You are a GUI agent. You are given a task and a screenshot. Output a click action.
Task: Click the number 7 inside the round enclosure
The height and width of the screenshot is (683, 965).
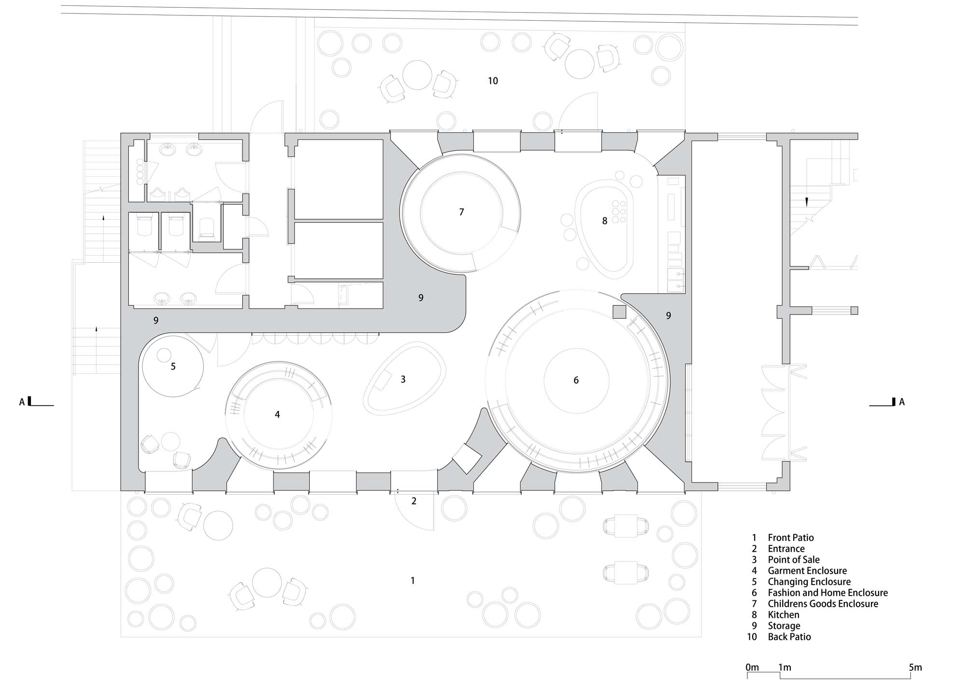click(461, 212)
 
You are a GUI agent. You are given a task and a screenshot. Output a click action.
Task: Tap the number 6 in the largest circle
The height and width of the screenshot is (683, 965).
click(576, 381)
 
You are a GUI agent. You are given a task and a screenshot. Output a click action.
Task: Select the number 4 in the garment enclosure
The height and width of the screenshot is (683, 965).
click(277, 414)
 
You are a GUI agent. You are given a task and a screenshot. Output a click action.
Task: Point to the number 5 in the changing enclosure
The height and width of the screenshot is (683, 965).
click(173, 367)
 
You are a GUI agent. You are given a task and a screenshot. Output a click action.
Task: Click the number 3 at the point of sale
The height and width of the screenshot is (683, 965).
click(403, 380)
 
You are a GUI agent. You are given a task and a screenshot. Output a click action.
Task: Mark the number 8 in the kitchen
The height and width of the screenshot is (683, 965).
click(605, 221)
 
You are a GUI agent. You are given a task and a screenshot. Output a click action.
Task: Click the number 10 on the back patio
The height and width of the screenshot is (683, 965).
click(493, 81)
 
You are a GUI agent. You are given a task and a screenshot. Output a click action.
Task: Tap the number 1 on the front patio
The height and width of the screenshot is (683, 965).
click(413, 581)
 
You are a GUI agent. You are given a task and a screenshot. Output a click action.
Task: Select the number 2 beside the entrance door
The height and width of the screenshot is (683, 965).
click(414, 501)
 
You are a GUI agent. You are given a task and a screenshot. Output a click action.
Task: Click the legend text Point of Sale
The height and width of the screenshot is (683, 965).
click(794, 560)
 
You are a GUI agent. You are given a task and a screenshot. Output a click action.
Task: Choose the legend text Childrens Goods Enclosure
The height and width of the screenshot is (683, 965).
click(823, 604)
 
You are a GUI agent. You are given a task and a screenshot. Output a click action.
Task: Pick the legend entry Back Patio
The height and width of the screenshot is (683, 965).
click(789, 637)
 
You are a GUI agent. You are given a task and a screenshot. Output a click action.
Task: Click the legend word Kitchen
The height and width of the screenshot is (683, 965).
click(784, 615)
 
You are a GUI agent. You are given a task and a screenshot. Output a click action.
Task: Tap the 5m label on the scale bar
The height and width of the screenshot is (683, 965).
click(915, 668)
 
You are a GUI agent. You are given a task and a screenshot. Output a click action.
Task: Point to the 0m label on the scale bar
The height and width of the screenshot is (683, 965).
click(752, 668)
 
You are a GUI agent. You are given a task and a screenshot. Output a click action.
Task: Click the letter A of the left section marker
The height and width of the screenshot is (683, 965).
click(22, 402)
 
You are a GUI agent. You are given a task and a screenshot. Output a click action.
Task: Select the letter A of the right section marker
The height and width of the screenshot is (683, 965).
click(902, 402)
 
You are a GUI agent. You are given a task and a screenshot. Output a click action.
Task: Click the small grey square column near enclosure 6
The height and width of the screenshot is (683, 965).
click(619, 312)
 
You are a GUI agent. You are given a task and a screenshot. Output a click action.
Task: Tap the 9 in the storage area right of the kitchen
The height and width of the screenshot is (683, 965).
click(668, 315)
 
